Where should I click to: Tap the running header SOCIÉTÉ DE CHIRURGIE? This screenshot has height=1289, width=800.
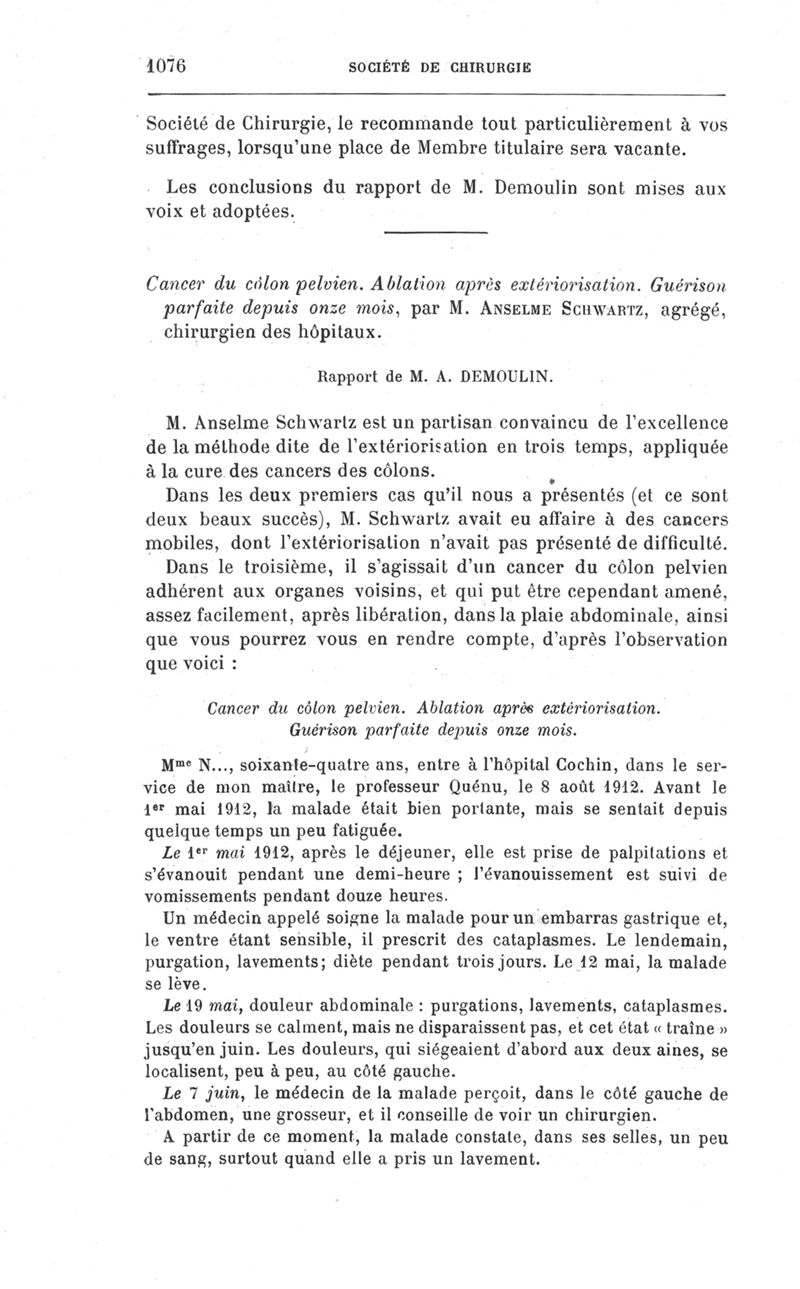(438, 68)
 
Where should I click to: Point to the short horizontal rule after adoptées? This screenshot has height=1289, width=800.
(434, 233)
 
